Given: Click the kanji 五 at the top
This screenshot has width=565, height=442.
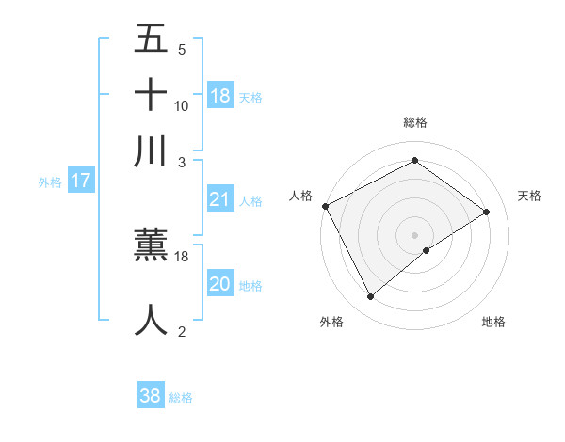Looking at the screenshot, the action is pos(152,39).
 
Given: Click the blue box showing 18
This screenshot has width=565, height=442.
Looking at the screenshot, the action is pos(220,96).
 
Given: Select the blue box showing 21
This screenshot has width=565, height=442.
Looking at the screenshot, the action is pos(220,199).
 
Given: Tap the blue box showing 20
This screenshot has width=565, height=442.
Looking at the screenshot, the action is pos(220,284).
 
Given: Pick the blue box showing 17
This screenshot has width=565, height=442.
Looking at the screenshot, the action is pos(81,181).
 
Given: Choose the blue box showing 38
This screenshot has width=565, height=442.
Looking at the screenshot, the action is pos(151,396).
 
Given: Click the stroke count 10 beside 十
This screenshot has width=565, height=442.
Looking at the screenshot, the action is pos(182,105).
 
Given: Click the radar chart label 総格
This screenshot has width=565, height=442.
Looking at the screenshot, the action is pos(415,122).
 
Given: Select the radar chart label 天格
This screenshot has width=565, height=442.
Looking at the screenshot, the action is pos(529,196).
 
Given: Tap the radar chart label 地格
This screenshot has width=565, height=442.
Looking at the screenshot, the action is pos(493,322).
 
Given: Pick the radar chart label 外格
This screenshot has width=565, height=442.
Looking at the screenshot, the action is pos(331,322).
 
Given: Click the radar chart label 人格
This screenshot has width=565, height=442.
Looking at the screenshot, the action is pos(300,196).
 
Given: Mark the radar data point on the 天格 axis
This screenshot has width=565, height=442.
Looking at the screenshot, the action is pos(487,213).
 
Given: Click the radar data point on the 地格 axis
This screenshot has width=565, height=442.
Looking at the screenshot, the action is pos(427,250).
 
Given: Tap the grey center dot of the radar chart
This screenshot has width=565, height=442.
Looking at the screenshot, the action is pos(415,234).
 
